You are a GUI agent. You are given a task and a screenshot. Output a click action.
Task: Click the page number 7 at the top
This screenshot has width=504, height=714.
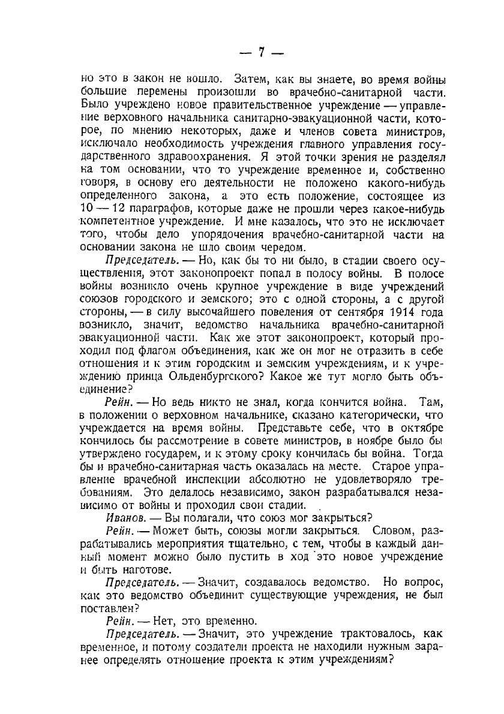(261, 52)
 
